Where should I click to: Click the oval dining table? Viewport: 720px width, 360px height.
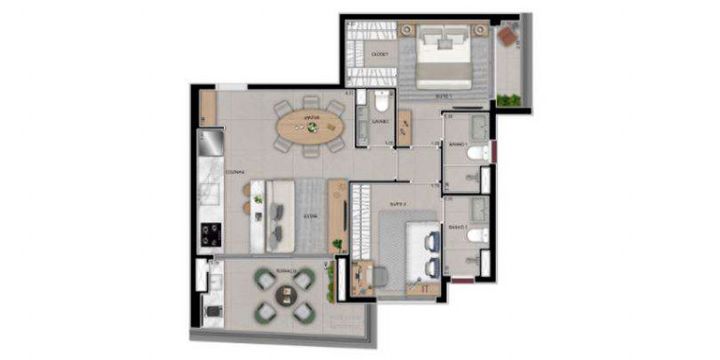click(x=309, y=125)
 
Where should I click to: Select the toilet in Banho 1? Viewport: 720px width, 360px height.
click(x=477, y=153)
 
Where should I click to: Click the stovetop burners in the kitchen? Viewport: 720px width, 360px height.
click(x=211, y=235)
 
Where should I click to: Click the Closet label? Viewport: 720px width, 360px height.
click(x=380, y=53)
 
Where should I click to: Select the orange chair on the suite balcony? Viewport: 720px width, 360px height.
click(x=508, y=38)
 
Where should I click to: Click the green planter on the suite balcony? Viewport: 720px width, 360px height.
click(x=509, y=99)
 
